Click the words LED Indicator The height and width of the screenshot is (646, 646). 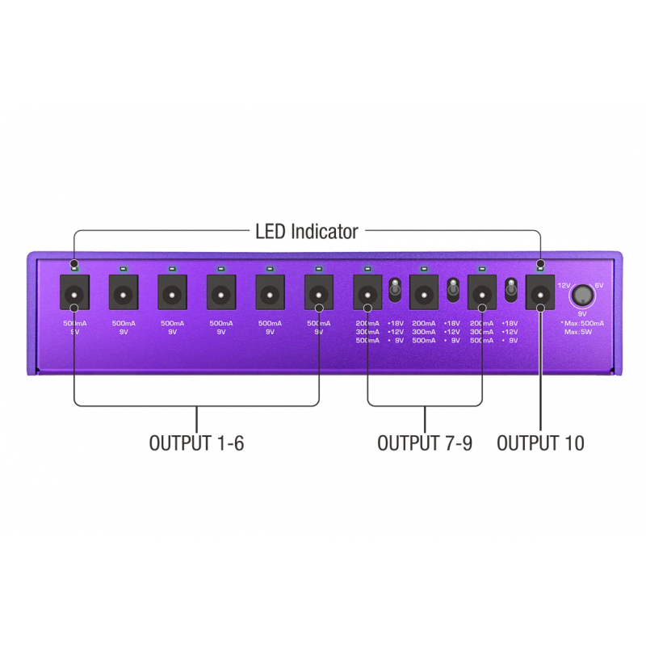pyautogui.click(x=306, y=233)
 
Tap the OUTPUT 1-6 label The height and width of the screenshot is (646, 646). pyautogui.click(x=196, y=443)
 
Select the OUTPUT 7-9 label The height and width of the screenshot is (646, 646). pyautogui.click(x=425, y=443)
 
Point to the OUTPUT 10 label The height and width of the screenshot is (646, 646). pyautogui.click(x=540, y=443)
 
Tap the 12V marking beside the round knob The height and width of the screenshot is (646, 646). pyautogui.click(x=564, y=286)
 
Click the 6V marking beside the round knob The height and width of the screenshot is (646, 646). pyautogui.click(x=598, y=286)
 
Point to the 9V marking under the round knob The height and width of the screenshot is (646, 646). pyautogui.click(x=581, y=313)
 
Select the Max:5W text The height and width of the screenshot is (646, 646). pyautogui.click(x=581, y=331)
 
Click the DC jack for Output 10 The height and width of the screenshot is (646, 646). pyautogui.click(x=540, y=293)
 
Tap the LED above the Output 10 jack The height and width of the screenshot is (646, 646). pyautogui.click(x=540, y=266)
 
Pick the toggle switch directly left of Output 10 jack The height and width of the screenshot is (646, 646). pyautogui.click(x=510, y=289)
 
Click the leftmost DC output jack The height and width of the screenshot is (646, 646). pyautogui.click(x=74, y=293)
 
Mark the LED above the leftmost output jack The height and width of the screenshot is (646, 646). pyautogui.click(x=74, y=266)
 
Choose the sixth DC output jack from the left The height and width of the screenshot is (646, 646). pyautogui.click(x=318, y=293)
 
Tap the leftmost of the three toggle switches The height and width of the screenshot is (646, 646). pyautogui.click(x=396, y=289)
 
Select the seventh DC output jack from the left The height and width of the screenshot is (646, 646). pyautogui.click(x=367, y=293)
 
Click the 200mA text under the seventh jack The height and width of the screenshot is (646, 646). pyautogui.click(x=367, y=323)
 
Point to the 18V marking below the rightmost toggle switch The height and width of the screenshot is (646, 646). pyautogui.click(x=510, y=323)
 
